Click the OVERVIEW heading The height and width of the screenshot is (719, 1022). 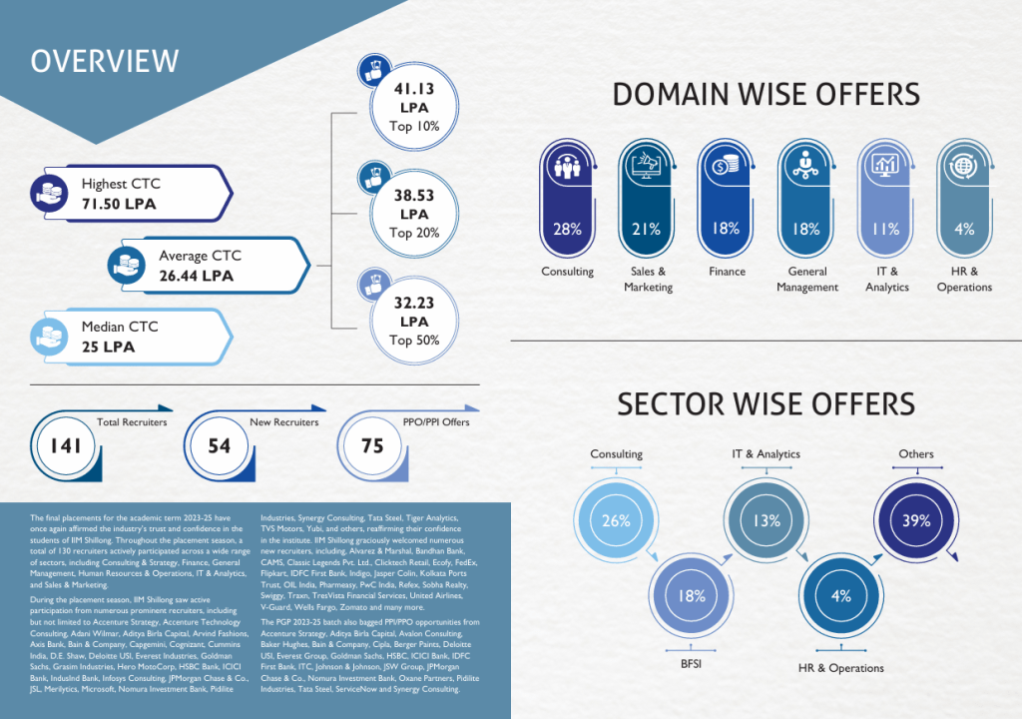tap(105, 60)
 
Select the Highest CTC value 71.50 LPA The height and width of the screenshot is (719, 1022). tap(119, 205)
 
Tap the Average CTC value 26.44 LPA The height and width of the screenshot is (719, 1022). tap(196, 276)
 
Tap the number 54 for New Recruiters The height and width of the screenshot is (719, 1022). tap(220, 446)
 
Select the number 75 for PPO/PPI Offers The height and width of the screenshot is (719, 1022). tap(372, 446)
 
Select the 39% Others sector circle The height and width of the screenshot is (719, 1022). tap(916, 520)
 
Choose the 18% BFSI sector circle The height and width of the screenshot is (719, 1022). tap(692, 596)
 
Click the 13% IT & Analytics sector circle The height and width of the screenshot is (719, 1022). tap(766, 520)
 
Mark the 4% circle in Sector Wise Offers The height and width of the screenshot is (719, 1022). tap(841, 596)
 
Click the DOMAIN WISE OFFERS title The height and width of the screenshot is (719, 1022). tap(766, 95)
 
